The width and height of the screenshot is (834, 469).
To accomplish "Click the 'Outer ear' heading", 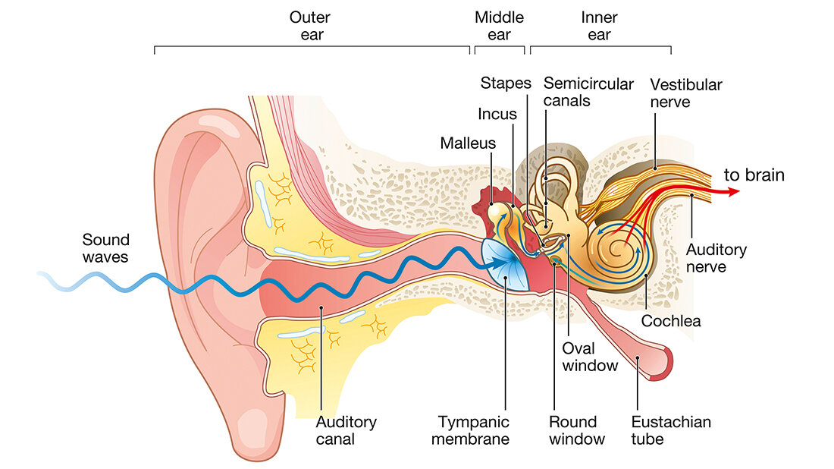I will [x=309, y=26].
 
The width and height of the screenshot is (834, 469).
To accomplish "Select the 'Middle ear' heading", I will [x=499, y=26].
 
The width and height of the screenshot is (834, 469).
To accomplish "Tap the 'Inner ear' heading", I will [x=599, y=26].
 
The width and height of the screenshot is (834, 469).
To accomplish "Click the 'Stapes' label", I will [x=506, y=83].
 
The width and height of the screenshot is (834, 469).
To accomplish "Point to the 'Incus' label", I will [x=497, y=114].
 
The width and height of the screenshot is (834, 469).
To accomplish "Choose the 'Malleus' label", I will [x=468, y=143].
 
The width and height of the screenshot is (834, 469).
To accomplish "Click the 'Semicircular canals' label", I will [x=588, y=92].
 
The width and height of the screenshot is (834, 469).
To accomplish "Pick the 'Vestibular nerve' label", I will [x=685, y=93].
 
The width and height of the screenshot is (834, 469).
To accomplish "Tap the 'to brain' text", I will [x=754, y=175].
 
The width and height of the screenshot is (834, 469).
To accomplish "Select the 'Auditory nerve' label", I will [x=716, y=258].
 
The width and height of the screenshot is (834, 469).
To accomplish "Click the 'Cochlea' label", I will [x=671, y=321].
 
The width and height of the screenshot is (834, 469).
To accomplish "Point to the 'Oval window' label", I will [x=590, y=357].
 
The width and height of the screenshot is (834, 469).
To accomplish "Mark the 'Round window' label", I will [x=577, y=430].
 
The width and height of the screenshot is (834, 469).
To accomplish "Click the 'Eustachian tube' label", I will [x=670, y=430].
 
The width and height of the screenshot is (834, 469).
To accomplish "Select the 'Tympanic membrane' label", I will [x=473, y=430].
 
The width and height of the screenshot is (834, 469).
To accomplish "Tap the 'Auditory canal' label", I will [x=346, y=430].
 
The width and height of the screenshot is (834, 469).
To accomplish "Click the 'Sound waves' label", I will [x=105, y=248].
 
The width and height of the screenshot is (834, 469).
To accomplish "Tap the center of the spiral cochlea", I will [x=621, y=250].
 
